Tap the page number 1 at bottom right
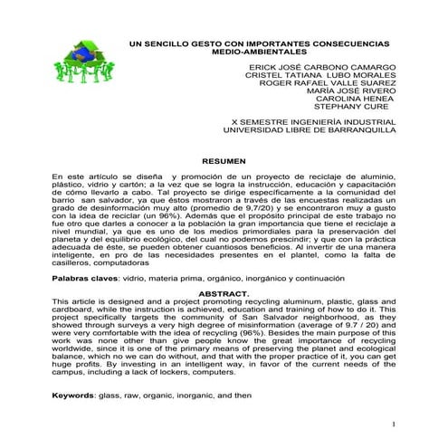(396, 424)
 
